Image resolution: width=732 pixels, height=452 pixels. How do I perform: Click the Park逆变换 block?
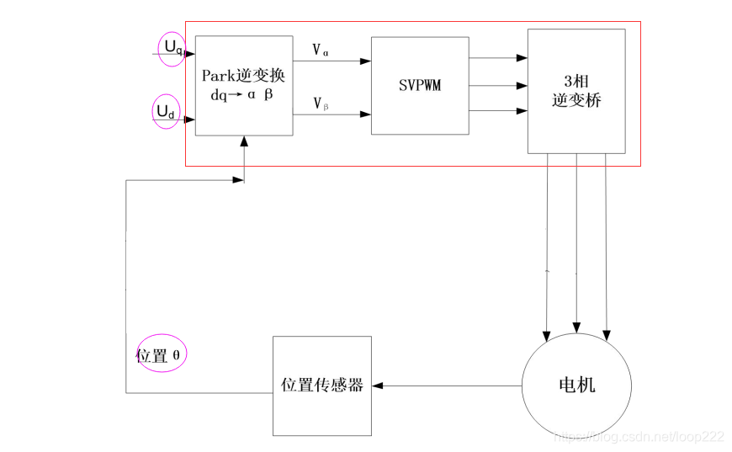tap(244, 85)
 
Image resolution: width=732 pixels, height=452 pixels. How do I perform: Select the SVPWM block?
tap(420, 85)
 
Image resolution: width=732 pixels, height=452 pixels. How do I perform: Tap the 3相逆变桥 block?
tap(576, 91)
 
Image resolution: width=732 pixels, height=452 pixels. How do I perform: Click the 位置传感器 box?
tap(321, 386)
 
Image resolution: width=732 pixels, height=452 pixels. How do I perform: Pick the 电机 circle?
tap(576, 386)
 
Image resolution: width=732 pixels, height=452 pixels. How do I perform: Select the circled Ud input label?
tap(166, 112)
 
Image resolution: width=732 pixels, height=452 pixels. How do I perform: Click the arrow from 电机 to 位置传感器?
tap(446, 386)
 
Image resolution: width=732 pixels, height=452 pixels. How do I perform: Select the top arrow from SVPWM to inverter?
tap(498, 58)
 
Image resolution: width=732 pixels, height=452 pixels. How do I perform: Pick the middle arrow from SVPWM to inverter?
tap(498, 85)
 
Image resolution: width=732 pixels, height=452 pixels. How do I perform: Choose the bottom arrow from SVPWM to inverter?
tap(498, 111)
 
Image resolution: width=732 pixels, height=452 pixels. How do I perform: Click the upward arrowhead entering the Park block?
tap(244, 143)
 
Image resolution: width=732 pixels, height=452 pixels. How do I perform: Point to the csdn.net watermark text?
tap(639, 436)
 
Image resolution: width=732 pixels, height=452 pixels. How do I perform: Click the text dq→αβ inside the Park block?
tap(242, 95)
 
